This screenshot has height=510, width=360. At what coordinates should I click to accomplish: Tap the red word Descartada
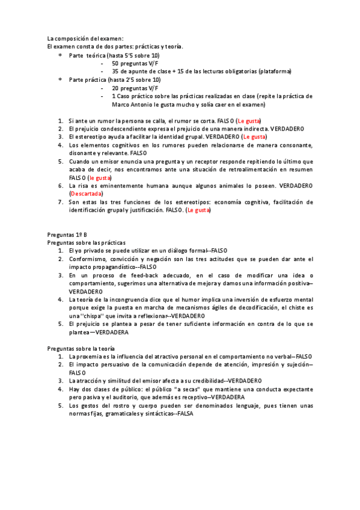point(86,194)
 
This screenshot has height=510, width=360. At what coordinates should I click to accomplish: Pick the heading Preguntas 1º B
point(67,234)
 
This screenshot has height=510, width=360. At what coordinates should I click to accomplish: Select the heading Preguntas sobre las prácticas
point(87,242)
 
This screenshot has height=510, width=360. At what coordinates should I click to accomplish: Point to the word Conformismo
point(89,259)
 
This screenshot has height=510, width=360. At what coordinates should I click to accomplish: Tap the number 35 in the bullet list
point(116,72)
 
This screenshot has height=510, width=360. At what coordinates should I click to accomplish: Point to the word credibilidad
point(202,381)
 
